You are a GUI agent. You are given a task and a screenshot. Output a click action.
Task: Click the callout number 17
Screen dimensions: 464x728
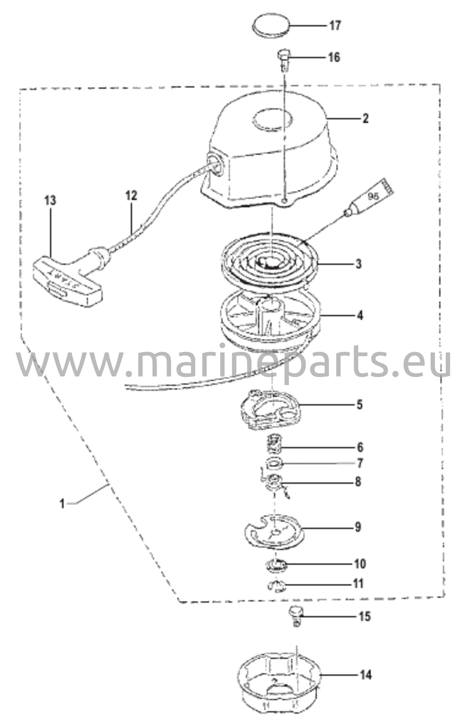coord(334,26)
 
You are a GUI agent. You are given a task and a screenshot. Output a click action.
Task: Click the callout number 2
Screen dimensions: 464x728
coord(365,118)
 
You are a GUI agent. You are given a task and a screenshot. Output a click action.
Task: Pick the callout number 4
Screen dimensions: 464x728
coord(360,315)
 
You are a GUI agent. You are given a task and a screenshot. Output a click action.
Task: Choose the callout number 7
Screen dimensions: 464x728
coord(360,463)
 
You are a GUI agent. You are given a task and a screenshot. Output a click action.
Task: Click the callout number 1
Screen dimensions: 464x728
coord(63,504)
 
